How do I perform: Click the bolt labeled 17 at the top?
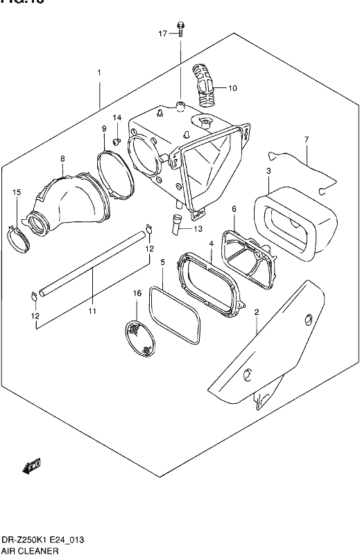point(180,28)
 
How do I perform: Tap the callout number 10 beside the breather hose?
point(232,88)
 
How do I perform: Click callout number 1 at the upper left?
point(99,73)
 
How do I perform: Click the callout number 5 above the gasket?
point(162,263)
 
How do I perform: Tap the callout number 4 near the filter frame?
point(211,244)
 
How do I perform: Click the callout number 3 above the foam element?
point(269,171)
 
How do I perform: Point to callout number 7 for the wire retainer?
point(306,142)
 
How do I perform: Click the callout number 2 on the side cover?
point(256,313)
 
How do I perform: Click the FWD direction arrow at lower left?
point(31,468)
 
